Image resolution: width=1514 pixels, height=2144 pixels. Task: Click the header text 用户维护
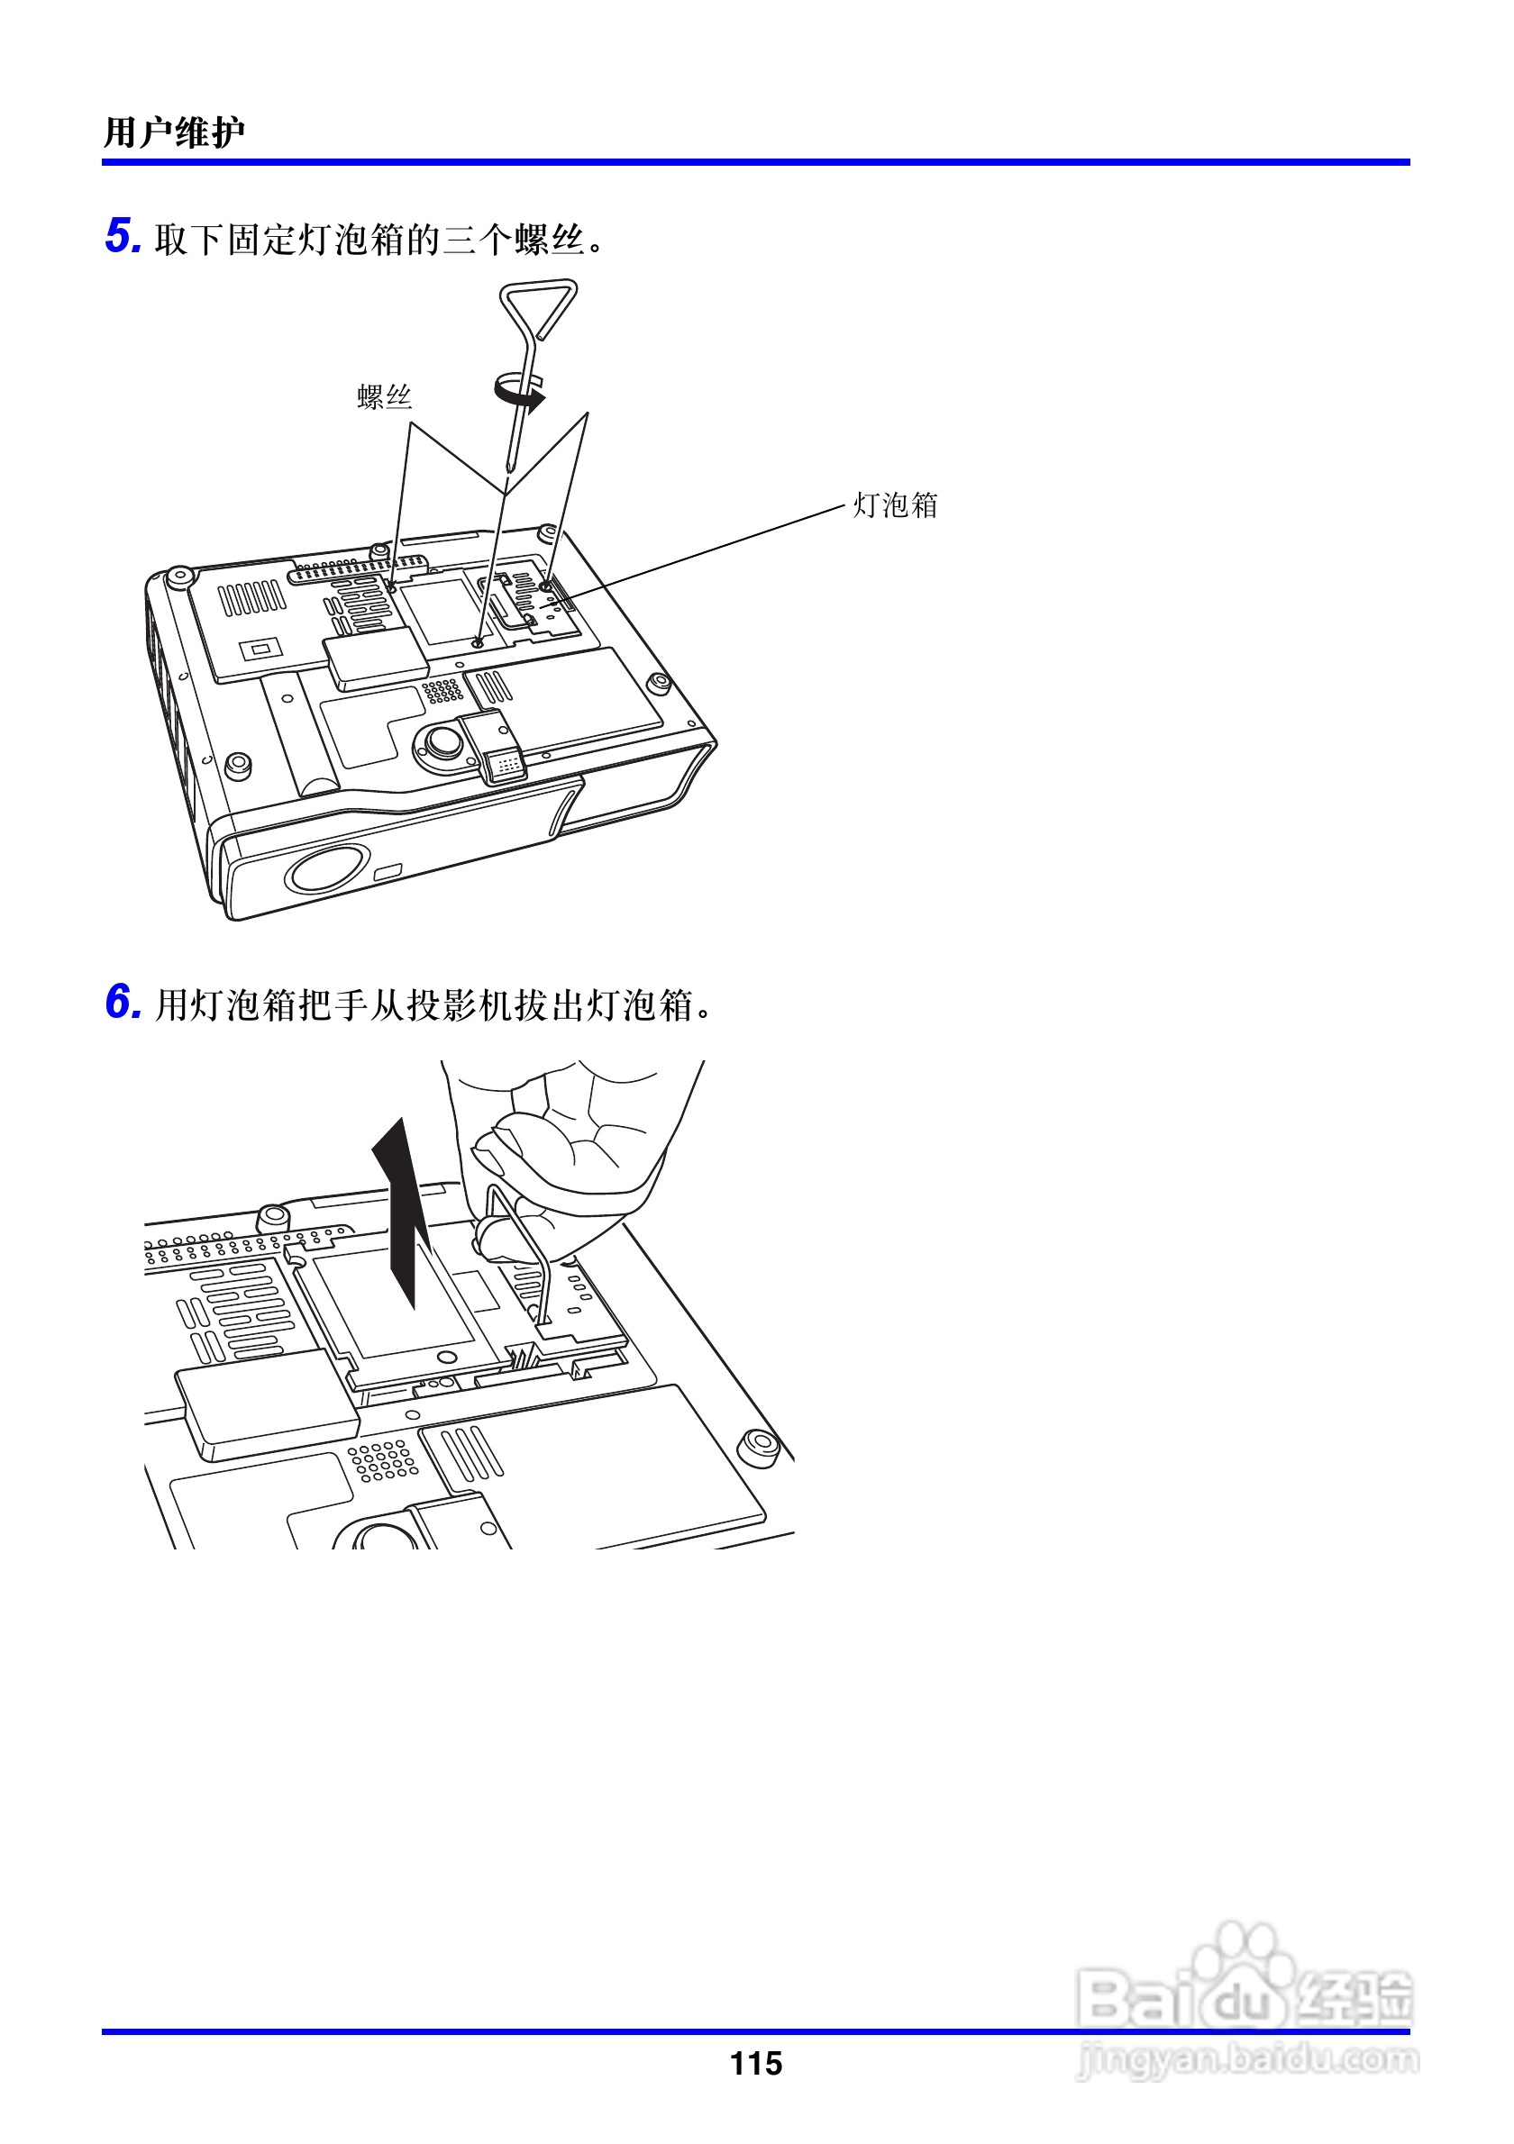[174, 132]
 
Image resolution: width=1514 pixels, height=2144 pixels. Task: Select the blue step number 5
[123, 235]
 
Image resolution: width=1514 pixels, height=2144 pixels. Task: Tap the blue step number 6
[123, 1002]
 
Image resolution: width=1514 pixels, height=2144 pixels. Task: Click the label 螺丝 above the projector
[384, 398]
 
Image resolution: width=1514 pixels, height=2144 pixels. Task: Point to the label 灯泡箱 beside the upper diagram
[895, 505]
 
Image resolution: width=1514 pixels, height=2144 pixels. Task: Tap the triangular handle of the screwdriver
[539, 307]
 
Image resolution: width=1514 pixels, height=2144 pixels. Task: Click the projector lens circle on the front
[327, 868]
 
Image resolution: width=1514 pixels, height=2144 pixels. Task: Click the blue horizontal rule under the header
[755, 162]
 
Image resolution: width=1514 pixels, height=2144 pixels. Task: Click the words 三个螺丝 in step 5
[514, 240]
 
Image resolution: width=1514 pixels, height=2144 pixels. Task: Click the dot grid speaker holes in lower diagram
[381, 1459]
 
